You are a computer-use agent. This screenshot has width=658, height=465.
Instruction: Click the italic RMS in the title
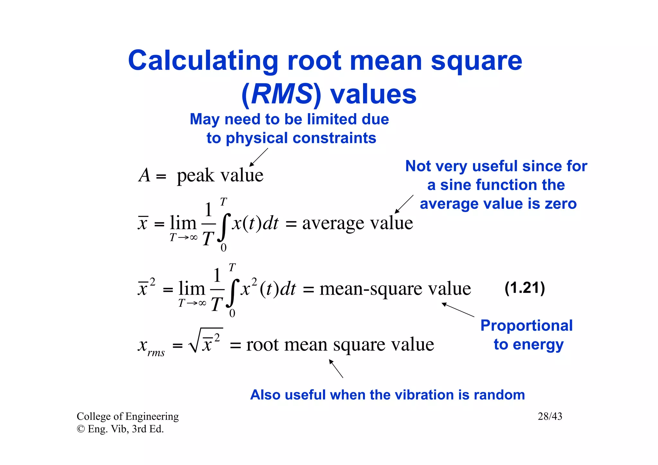pos(282,94)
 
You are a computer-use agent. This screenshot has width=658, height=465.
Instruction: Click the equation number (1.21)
pos(525,288)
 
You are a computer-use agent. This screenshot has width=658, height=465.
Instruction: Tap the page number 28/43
pos(550,416)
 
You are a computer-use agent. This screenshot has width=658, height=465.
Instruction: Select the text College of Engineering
pos(128,416)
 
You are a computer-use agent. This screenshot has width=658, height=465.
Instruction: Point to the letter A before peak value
pos(145,175)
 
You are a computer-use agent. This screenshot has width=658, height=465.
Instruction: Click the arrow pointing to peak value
pos(259,157)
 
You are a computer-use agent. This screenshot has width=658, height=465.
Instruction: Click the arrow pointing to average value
pos(404,204)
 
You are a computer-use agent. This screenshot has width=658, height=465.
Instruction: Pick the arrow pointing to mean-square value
pos(458,310)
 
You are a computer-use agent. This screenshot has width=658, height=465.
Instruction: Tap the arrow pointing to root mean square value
pos(336,368)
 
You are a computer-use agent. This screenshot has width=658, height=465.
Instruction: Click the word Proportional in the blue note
pos(527,326)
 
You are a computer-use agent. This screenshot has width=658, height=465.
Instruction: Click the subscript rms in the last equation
pos(156,353)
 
